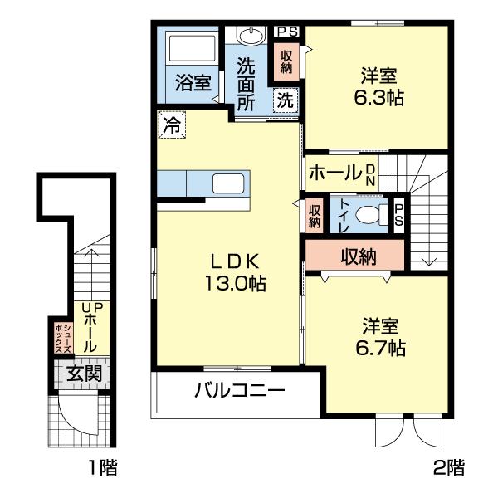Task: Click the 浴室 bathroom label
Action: [x=193, y=83]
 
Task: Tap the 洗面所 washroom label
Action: [x=247, y=83]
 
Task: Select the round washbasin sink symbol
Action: [x=248, y=37]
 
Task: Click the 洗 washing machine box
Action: [x=285, y=100]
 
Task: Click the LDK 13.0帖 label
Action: [x=235, y=271]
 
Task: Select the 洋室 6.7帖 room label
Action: [x=382, y=336]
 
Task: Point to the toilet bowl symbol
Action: [x=370, y=216]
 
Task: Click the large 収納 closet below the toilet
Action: [x=358, y=256]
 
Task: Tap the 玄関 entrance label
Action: [x=85, y=373]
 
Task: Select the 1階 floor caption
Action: [x=102, y=468]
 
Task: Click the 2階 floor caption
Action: [x=448, y=468]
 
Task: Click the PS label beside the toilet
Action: [x=399, y=215]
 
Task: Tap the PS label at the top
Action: [x=287, y=32]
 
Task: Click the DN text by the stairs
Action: [x=370, y=173]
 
